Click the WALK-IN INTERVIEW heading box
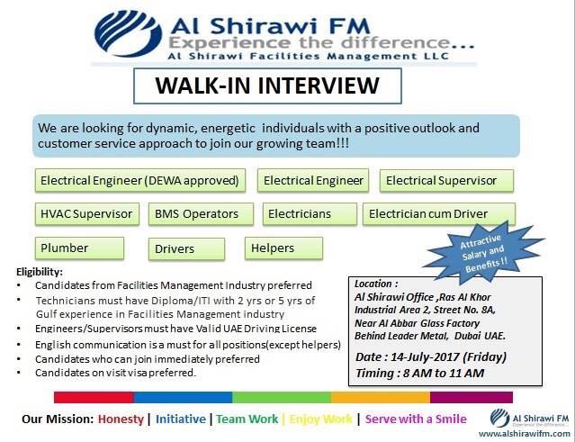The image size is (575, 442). coord(267,86)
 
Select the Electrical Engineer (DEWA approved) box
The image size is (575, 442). coord(140,180)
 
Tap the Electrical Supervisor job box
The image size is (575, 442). coord(446,180)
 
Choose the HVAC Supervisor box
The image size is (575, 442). coord(87,214)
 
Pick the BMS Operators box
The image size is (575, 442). coord(201,214)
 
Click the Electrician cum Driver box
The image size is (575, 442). coord(439,214)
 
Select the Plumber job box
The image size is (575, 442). coord(79,248)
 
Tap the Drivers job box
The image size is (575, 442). coord(186,248)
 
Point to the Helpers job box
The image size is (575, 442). coord(283,248)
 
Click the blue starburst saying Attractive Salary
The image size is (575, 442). coord(484,253)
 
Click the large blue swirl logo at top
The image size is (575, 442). coord(128,33)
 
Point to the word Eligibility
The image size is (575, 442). coord(40,272)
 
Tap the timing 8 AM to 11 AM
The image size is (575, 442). coord(444,374)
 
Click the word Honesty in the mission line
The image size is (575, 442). coord(121,419)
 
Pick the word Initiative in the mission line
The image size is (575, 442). coord(181,419)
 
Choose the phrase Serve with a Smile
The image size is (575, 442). coord(416,419)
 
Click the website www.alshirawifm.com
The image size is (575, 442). coord(525,434)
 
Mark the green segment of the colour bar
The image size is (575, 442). coord(282,397)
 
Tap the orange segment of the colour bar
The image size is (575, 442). coord(381,397)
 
